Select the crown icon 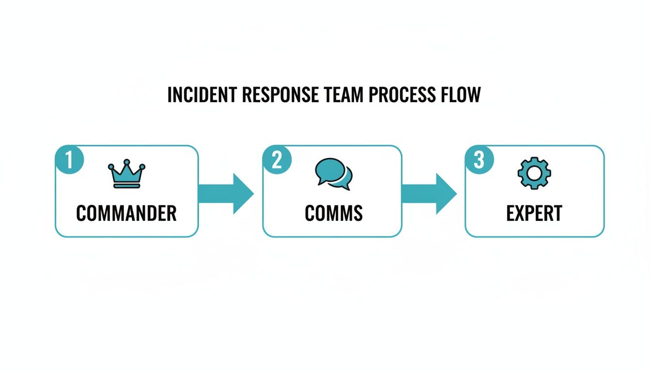126,174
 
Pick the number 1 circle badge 69,159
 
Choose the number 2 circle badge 277,159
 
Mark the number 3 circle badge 479,159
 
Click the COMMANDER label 126,213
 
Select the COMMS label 334,213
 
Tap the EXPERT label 534,213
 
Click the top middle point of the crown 126,162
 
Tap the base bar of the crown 126,186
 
